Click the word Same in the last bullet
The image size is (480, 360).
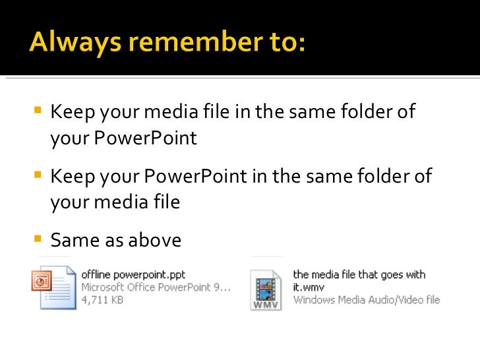click(x=73, y=240)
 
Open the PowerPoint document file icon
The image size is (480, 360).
click(x=53, y=287)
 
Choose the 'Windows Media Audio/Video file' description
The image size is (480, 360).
click(x=366, y=300)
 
